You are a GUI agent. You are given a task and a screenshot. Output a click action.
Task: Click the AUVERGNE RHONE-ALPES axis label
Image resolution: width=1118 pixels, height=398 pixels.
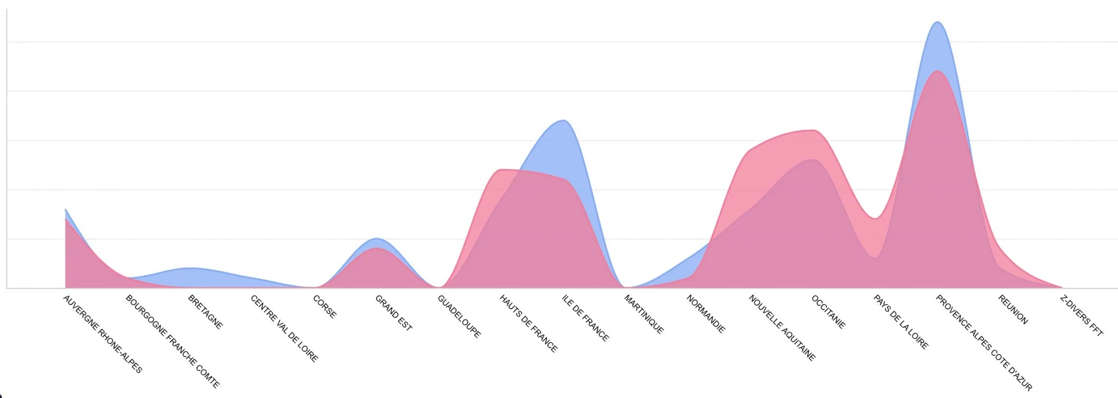click(x=103, y=334)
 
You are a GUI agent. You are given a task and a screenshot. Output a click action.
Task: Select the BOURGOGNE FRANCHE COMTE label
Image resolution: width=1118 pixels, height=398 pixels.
click(x=173, y=341)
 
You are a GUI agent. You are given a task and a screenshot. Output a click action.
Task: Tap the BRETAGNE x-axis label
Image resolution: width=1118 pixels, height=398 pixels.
click(x=205, y=312)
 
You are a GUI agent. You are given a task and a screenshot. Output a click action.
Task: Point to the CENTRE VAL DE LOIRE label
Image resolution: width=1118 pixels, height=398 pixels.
click(x=284, y=328)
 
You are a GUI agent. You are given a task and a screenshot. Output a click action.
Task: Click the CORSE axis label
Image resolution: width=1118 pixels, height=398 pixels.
click(x=325, y=306)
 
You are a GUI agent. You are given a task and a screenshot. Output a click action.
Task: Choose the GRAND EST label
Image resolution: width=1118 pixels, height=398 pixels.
click(x=393, y=312)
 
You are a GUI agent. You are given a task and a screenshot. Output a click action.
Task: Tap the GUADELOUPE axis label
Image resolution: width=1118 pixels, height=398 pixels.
click(x=459, y=316)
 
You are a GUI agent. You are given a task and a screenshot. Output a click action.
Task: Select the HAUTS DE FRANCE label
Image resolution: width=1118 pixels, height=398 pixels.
click(x=528, y=323)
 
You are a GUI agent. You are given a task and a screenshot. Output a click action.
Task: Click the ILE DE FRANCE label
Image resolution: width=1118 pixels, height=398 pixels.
click(x=585, y=318)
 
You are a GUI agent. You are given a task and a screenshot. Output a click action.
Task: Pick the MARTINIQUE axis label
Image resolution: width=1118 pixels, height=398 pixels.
click(x=644, y=314)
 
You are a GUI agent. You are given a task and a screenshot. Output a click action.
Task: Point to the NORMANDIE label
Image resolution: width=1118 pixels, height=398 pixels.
click(x=706, y=313)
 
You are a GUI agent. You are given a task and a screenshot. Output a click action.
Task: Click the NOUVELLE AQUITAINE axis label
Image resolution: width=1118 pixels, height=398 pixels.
click(x=782, y=328)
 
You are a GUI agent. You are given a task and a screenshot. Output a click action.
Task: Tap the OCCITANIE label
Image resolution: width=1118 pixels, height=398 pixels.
click(x=828, y=312)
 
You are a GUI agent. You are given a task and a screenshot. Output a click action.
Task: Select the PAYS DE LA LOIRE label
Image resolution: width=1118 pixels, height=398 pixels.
click(x=901, y=322)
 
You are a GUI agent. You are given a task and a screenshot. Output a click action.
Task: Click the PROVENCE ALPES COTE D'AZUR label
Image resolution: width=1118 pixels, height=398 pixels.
click(x=984, y=342)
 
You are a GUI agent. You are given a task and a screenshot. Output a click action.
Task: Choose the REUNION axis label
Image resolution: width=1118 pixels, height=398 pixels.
click(x=1013, y=309)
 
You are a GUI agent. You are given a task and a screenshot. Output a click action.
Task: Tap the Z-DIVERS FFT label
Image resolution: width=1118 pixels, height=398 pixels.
click(x=1081, y=315)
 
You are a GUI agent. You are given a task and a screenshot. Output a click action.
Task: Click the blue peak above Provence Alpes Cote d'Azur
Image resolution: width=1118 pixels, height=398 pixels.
click(x=938, y=23)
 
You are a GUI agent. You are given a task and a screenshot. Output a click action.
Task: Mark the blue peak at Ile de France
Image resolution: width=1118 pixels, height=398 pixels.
click(x=564, y=121)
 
